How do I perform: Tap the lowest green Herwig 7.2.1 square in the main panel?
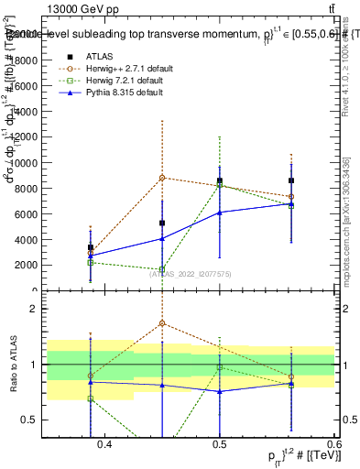coord(161,270)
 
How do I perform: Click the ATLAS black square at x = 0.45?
coord(161,223)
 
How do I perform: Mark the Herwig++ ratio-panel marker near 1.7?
coord(161,323)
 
